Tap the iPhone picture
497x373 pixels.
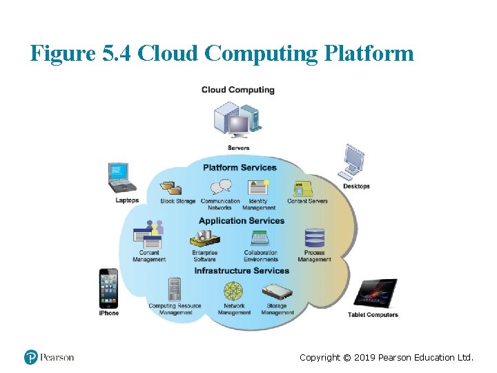coord(108,288)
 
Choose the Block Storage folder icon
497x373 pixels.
coord(170,188)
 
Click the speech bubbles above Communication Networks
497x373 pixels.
coord(221,187)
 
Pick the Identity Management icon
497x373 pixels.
coord(258,187)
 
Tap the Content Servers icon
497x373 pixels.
coord(304,188)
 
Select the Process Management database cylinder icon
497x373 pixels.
coord(315,238)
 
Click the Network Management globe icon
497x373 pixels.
coord(234,291)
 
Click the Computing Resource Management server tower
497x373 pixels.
coord(175,289)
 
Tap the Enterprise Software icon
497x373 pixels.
coord(204,238)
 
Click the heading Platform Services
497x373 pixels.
coord(240,168)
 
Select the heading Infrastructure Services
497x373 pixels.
coord(242,271)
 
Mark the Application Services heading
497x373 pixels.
coord(242,221)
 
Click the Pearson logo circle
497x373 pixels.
coord(31,357)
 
